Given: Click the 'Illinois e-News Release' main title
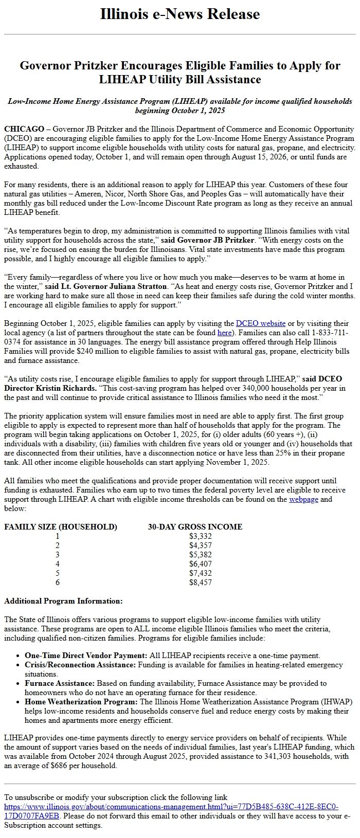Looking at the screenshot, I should (x=180, y=14).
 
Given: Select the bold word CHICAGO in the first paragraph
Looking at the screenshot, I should (x=24, y=129).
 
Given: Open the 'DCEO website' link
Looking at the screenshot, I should (x=260, y=323).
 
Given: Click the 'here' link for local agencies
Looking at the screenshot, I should (x=224, y=333).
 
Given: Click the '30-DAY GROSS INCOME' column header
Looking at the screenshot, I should (x=195, y=526).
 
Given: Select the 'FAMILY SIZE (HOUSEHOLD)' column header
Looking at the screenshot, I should (x=61, y=526).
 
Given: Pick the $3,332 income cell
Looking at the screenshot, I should (x=200, y=536).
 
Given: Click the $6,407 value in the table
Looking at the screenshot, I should (x=200, y=564).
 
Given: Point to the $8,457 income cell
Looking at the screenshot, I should (x=200, y=582).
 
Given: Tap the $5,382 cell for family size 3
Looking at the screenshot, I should (x=200, y=555).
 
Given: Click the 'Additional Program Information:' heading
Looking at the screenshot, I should (x=63, y=601).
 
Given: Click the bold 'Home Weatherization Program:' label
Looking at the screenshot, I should (x=81, y=702).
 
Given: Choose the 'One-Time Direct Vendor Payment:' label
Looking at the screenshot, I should (x=86, y=655).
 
